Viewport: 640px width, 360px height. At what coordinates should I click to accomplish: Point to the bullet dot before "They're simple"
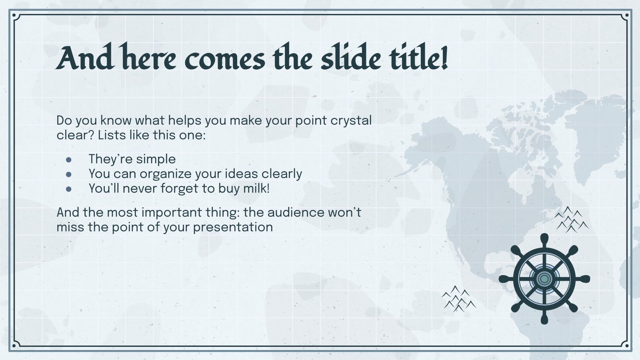(x=69, y=159)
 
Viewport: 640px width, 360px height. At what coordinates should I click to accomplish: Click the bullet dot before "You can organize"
(x=69, y=174)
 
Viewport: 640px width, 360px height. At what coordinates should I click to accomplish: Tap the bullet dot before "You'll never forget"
(x=69, y=189)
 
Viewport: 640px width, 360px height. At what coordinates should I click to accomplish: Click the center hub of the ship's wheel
(x=544, y=279)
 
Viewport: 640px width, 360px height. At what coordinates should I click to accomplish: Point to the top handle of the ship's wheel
(x=544, y=239)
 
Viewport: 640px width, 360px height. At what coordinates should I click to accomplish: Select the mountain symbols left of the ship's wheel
(x=458, y=299)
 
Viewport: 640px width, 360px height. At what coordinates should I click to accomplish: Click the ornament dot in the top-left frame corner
(x=14, y=16)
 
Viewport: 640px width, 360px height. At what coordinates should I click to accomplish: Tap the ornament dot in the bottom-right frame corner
(x=626, y=345)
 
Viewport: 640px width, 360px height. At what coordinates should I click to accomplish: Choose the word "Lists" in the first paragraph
(x=112, y=135)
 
